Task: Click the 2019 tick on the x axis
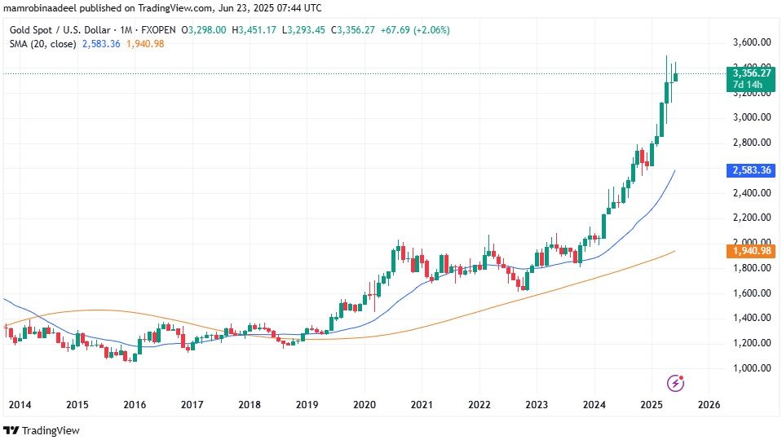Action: [307, 404]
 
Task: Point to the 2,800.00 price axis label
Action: [753, 143]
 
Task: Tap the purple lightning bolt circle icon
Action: [675, 382]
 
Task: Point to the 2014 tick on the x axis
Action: [20, 404]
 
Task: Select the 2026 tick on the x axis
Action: [709, 404]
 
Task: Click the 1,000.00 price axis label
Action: [753, 368]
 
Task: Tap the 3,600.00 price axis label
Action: [753, 42]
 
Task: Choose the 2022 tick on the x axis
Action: [479, 404]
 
